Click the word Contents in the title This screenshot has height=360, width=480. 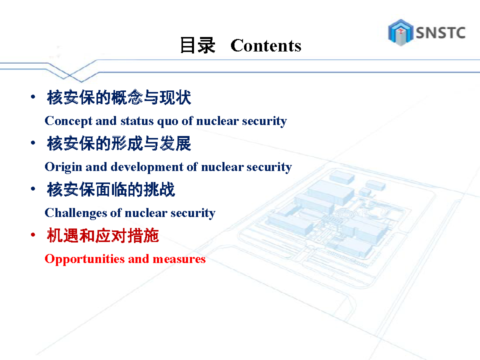tap(265, 45)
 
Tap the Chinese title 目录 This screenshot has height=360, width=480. tap(197, 45)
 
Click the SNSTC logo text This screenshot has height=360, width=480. tap(440, 33)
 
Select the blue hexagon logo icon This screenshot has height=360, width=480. tap(400, 32)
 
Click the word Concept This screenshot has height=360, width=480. tap(68, 121)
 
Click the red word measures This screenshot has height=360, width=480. tap(179, 259)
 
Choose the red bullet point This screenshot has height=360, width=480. tap(33, 235)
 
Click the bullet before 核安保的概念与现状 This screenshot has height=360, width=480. tap(33, 97)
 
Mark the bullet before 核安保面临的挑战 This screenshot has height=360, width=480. tap(33, 189)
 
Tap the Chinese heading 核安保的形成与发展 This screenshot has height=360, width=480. tap(119, 143)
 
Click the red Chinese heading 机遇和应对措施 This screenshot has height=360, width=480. tap(103, 235)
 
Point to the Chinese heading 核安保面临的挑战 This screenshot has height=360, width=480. tap(111, 189)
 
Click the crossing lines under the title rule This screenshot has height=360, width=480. tap(70, 74)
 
